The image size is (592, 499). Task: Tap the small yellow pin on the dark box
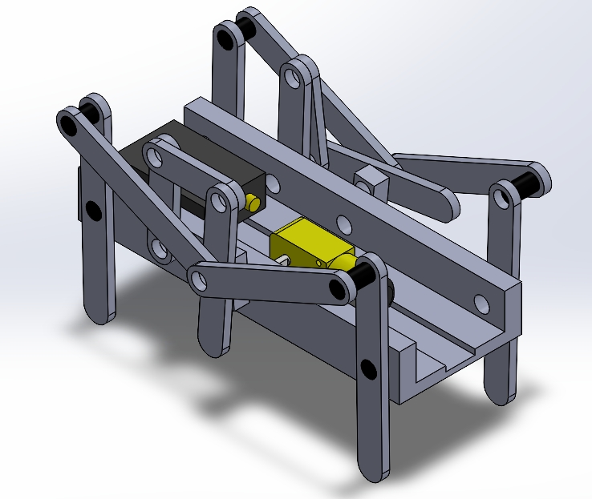tap(253, 201)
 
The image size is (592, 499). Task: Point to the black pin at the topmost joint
tap(244, 28)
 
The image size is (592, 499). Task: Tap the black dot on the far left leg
tap(93, 211)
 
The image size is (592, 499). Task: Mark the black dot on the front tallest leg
tap(368, 368)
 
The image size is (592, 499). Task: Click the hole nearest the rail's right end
tap(480, 303)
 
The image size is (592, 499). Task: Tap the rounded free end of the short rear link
tap(443, 205)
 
